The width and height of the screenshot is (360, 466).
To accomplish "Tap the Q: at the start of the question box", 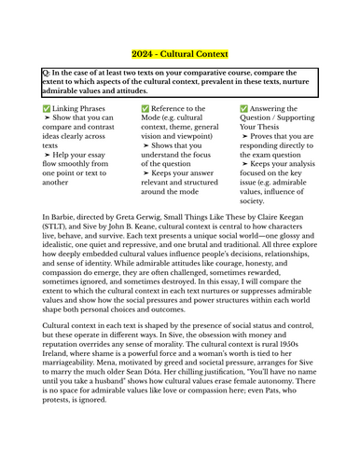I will click(x=48, y=72).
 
